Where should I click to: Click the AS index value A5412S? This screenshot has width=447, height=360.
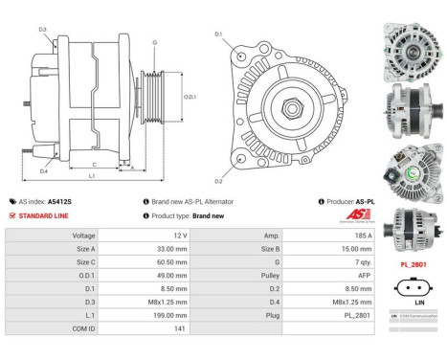[59, 202]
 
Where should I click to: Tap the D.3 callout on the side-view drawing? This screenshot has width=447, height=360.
[43, 30]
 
